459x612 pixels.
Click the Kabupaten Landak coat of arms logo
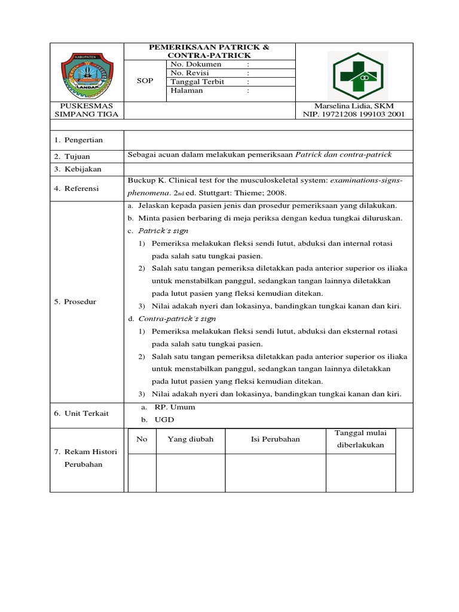point(87,74)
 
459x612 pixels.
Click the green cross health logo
point(358,75)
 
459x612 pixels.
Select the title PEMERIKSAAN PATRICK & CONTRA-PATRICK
point(209,51)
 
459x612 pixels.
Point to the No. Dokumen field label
point(196,65)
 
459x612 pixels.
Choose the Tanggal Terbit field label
point(197,82)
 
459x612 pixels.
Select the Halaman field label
point(187,91)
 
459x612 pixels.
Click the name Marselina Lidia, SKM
point(354,105)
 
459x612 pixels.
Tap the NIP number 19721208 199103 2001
point(354,114)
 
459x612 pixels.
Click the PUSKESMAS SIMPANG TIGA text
point(87,109)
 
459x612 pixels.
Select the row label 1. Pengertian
point(79,140)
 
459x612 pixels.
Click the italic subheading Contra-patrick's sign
point(177,319)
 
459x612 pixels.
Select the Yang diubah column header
point(190,439)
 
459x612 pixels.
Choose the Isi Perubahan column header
point(275,439)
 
